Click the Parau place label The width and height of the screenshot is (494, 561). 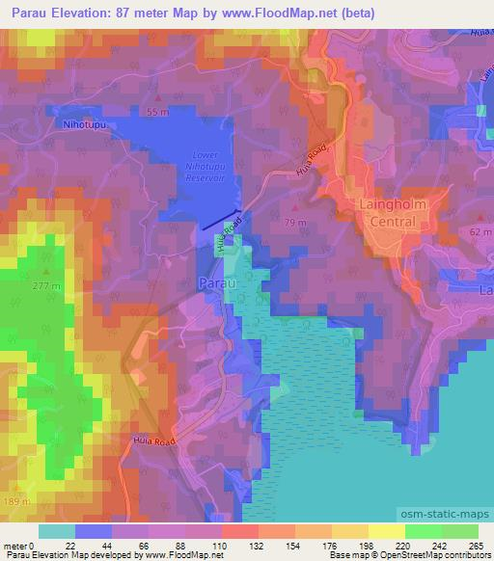click(x=214, y=283)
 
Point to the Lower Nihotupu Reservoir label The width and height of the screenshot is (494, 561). click(x=208, y=166)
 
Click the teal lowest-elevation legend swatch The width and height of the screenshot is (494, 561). click(x=57, y=531)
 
